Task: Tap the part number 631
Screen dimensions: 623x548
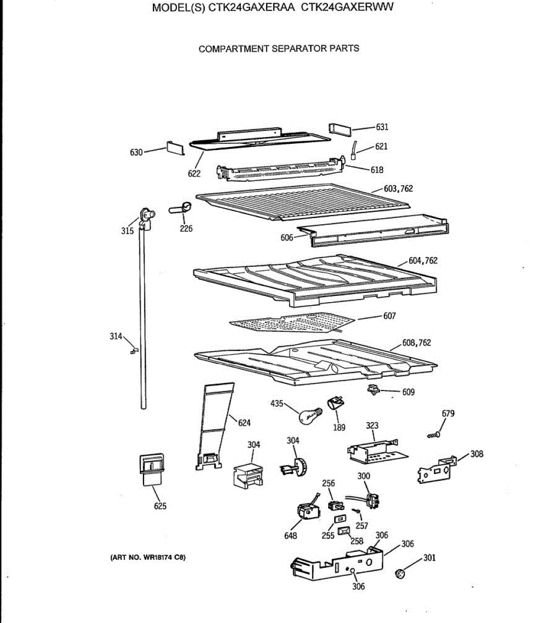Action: coord(382,127)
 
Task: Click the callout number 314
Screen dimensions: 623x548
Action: coord(116,336)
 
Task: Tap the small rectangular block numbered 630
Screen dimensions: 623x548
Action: coord(175,148)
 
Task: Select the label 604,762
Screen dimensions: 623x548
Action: coord(423,261)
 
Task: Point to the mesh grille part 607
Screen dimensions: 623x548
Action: coord(291,322)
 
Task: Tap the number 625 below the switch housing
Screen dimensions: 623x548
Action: coord(160,506)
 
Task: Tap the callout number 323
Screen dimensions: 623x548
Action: coord(372,426)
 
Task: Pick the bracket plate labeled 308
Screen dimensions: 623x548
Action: coord(436,469)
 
